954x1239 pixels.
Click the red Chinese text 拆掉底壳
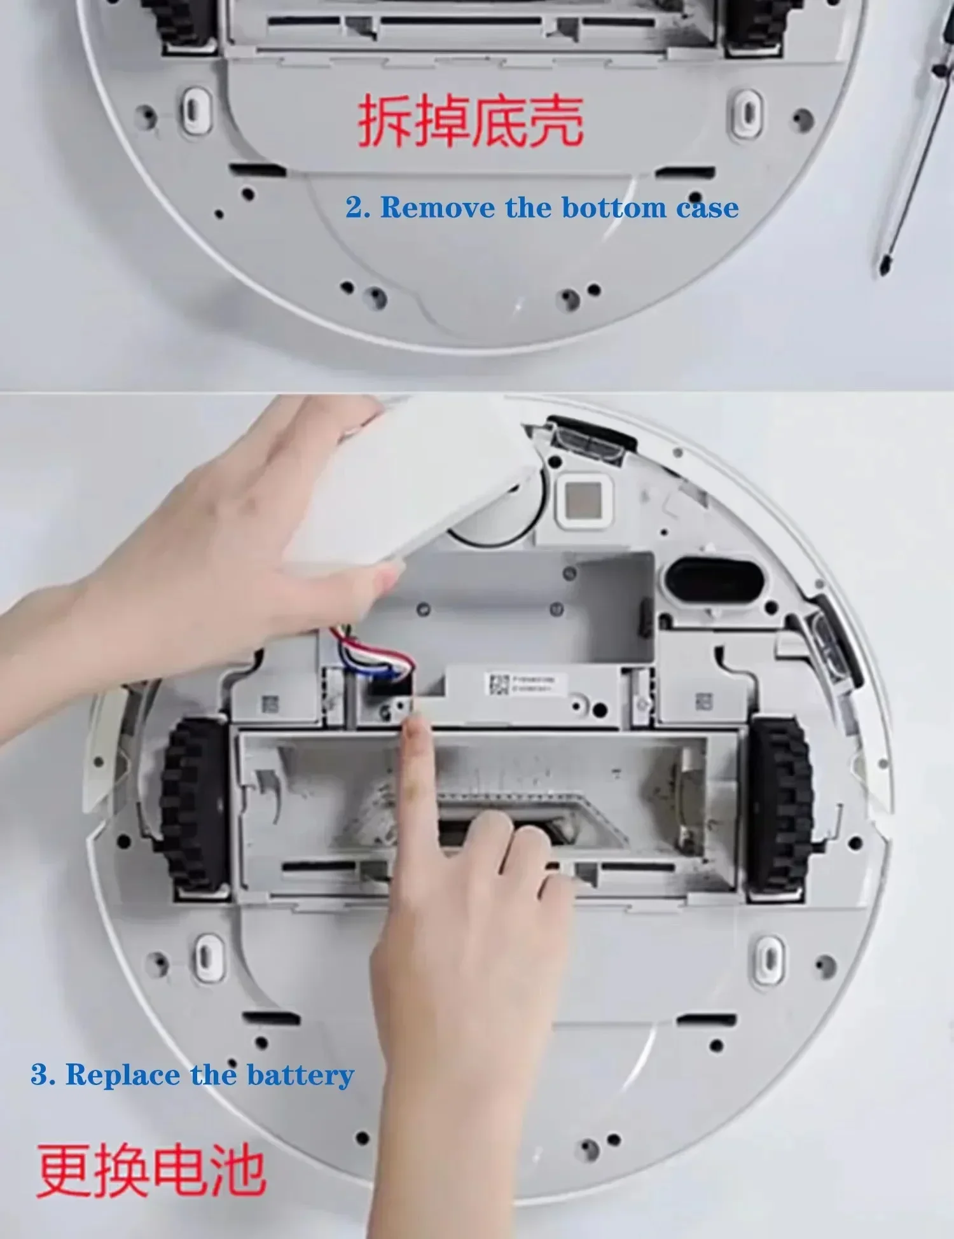(471, 121)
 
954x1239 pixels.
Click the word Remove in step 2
(438, 208)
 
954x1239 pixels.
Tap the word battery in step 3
(300, 1075)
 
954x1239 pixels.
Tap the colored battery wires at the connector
(375, 655)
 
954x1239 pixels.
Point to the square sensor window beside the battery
(584, 499)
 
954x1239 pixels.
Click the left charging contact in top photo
(197, 111)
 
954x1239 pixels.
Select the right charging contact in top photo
(747, 113)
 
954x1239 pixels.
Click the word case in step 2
(707, 208)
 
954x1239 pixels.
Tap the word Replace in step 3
(122, 1075)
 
